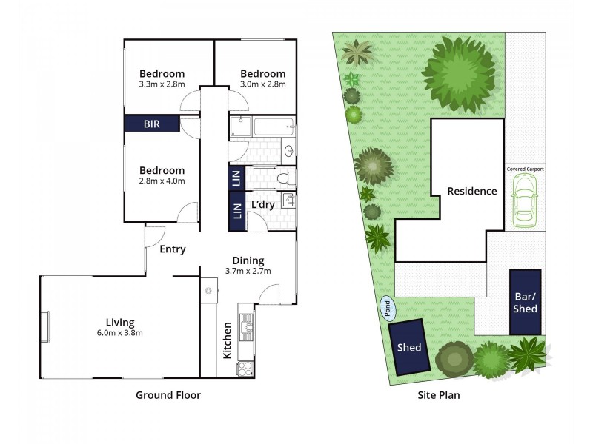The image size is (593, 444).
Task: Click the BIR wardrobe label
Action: click(152, 124)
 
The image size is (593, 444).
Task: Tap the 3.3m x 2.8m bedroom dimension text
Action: click(162, 85)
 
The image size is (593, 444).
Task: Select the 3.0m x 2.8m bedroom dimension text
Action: click(262, 85)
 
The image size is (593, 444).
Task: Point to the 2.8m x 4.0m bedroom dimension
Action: click(162, 181)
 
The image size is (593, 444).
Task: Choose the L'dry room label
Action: click(264, 204)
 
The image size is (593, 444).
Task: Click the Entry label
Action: click(173, 249)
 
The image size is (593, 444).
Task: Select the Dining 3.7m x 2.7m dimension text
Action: click(248, 271)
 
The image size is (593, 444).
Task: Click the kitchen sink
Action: click(246, 323)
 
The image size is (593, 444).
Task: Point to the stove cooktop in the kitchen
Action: click(245, 368)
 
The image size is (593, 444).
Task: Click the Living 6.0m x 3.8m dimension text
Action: click(120, 333)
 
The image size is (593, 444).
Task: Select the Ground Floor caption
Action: click(168, 395)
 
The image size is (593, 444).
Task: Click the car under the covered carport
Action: click(526, 201)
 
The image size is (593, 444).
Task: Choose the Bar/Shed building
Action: click(526, 302)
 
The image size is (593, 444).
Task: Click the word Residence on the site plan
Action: click(472, 191)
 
